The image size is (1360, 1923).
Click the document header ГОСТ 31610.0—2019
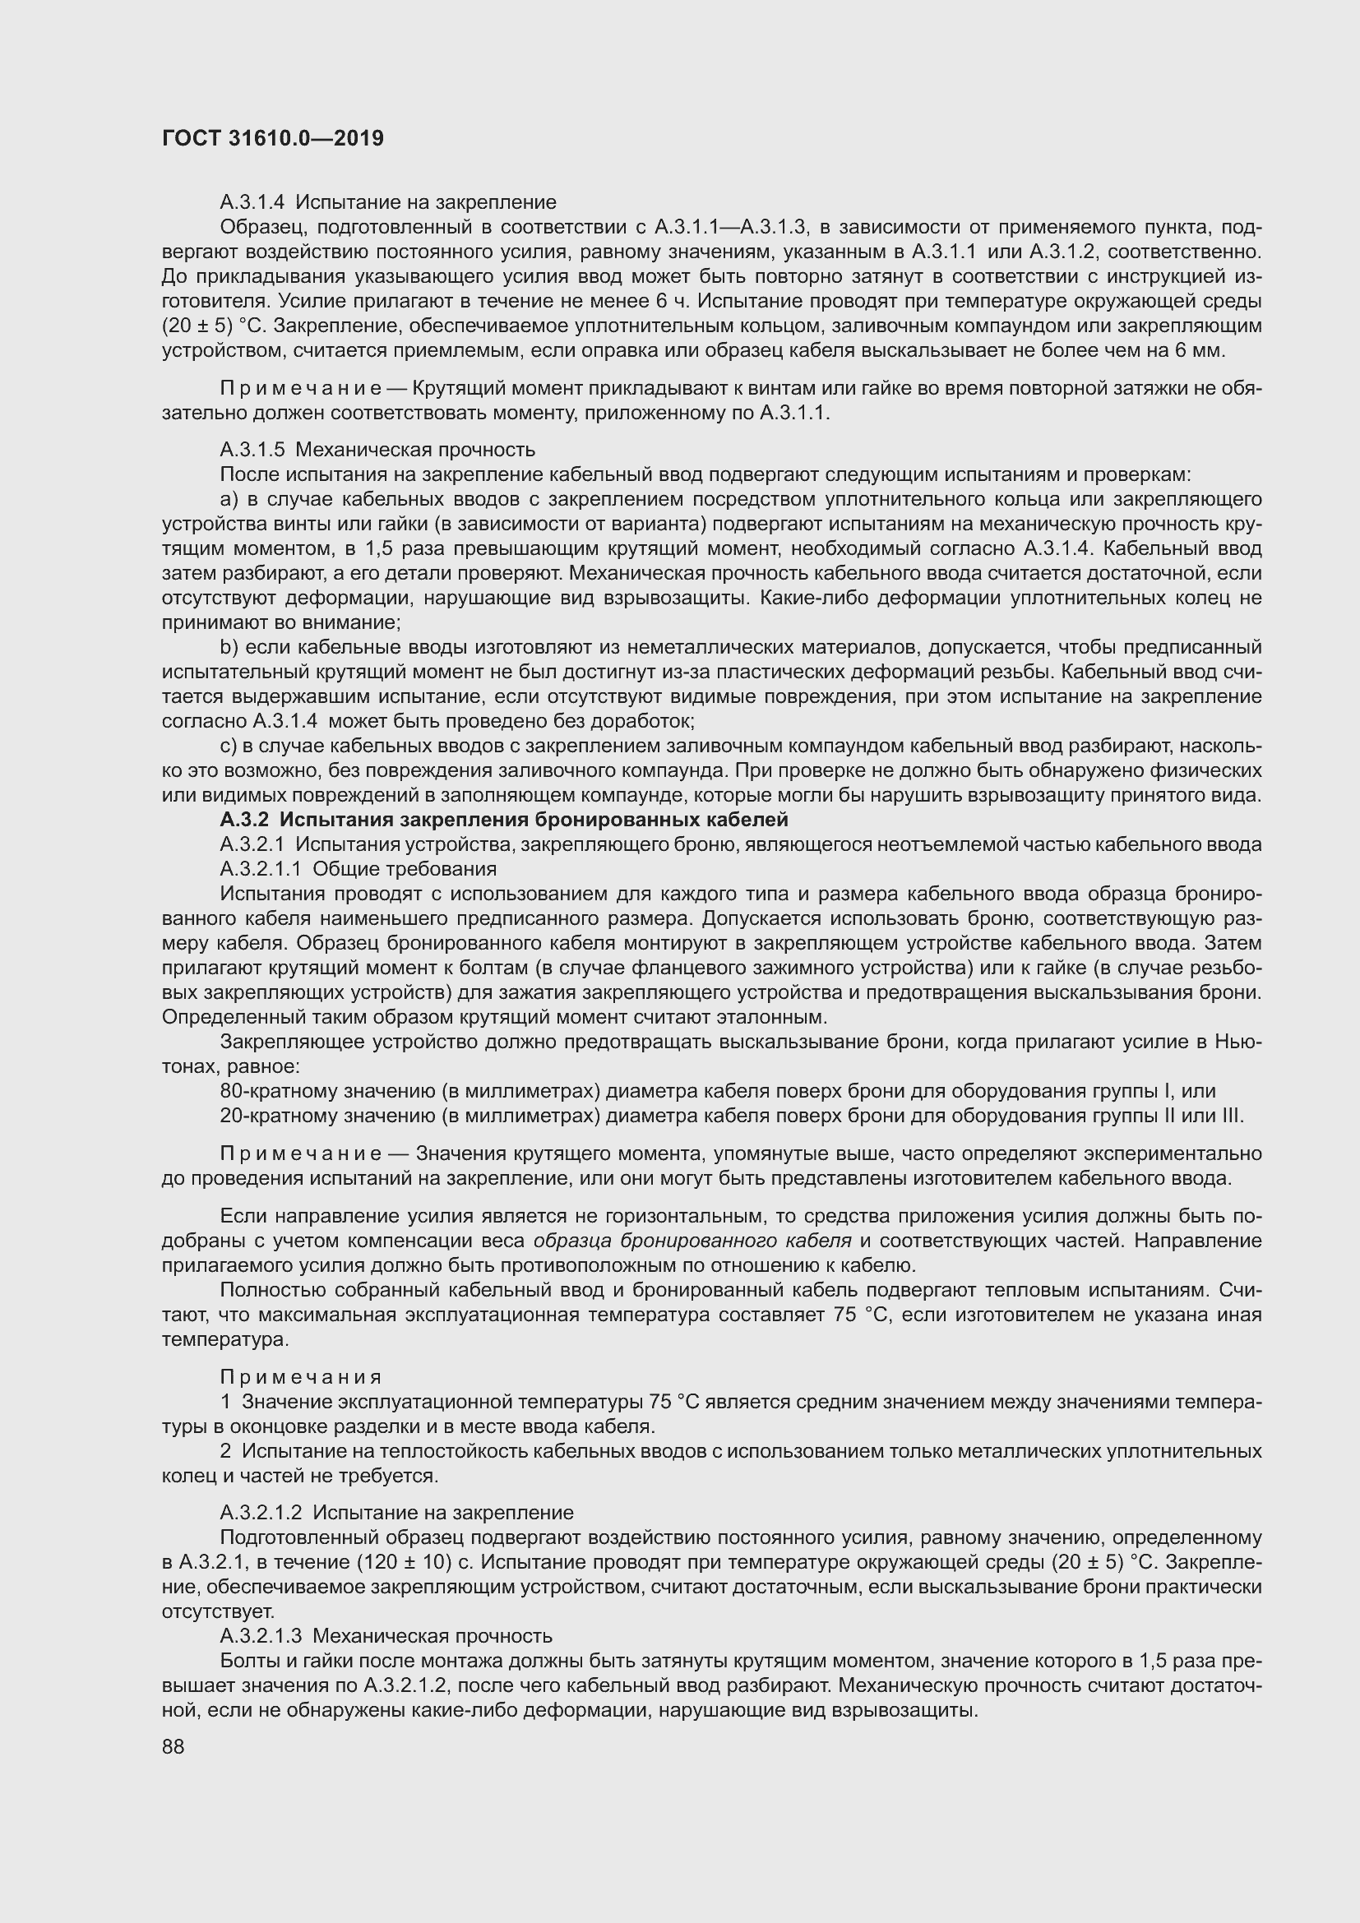(273, 138)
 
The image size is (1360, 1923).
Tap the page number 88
(173, 1745)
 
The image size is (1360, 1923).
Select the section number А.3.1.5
(253, 451)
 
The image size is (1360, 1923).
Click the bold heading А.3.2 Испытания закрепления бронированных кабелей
(503, 819)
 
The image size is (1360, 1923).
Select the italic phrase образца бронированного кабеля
(692, 1241)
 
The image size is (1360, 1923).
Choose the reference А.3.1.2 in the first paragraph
(1063, 252)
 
